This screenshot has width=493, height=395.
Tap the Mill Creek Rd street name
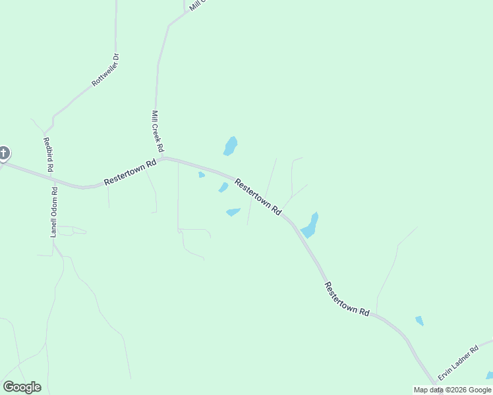(x=158, y=131)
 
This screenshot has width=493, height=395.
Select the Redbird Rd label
(x=47, y=154)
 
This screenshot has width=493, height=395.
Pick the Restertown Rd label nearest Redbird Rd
(x=130, y=172)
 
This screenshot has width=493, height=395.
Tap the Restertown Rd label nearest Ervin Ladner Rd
(x=347, y=299)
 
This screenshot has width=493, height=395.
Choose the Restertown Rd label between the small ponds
(x=258, y=196)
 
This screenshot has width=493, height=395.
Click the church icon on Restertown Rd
(x=4, y=154)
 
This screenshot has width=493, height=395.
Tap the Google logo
(x=22, y=387)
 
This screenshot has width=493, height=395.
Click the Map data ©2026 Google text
(x=452, y=390)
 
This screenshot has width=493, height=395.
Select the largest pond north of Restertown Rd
(x=230, y=145)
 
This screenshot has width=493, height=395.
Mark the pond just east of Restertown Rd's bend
(x=310, y=226)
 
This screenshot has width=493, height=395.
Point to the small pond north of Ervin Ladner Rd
(x=419, y=321)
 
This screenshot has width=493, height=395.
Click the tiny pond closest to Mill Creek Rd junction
(x=202, y=174)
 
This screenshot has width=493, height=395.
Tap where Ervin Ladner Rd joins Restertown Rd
(x=436, y=381)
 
